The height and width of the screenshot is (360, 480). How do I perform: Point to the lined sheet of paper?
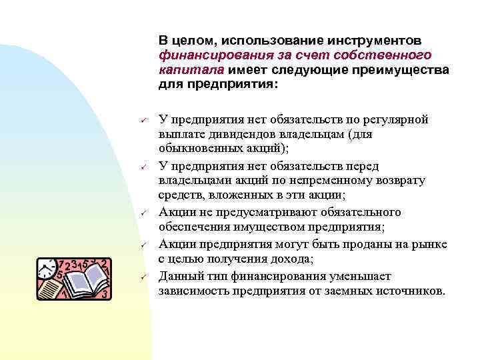(51, 288)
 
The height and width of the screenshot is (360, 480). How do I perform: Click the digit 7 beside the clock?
(62, 262)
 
